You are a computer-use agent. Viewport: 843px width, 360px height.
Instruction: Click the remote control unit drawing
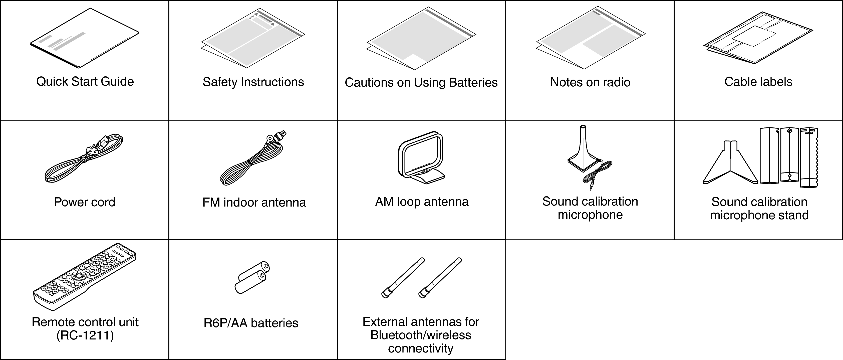click(x=84, y=277)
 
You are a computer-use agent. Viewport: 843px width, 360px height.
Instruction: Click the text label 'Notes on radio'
click(x=590, y=82)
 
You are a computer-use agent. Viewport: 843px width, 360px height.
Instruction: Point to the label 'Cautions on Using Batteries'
click(x=421, y=82)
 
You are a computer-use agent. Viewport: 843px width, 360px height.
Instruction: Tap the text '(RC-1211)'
click(x=85, y=335)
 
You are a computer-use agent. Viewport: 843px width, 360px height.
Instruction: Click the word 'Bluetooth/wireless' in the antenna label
click(x=421, y=335)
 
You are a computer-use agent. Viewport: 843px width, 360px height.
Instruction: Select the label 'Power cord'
click(x=84, y=202)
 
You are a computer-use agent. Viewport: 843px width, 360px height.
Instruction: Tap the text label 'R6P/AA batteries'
click(x=251, y=323)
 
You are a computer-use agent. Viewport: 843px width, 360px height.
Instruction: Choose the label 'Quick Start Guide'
click(x=85, y=82)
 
